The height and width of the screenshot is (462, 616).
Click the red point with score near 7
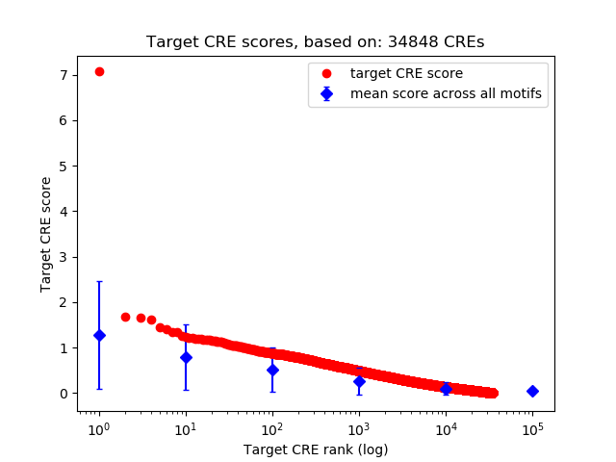(99, 71)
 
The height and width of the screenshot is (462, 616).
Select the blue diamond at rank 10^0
(99, 335)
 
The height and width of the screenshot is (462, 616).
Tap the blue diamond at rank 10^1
(186, 357)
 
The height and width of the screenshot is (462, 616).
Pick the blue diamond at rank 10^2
(272, 370)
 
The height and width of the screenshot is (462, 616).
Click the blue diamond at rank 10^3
(359, 381)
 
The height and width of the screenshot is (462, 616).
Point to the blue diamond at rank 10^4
(446, 389)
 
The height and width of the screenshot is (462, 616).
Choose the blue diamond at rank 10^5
(532, 391)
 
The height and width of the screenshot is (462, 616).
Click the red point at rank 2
(125, 317)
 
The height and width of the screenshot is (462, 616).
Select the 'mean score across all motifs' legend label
(445, 93)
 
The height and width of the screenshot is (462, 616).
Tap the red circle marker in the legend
(327, 73)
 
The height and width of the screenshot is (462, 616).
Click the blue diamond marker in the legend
(327, 93)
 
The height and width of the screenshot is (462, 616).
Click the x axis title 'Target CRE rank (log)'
(316, 449)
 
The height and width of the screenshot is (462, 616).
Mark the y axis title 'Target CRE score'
(45, 233)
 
